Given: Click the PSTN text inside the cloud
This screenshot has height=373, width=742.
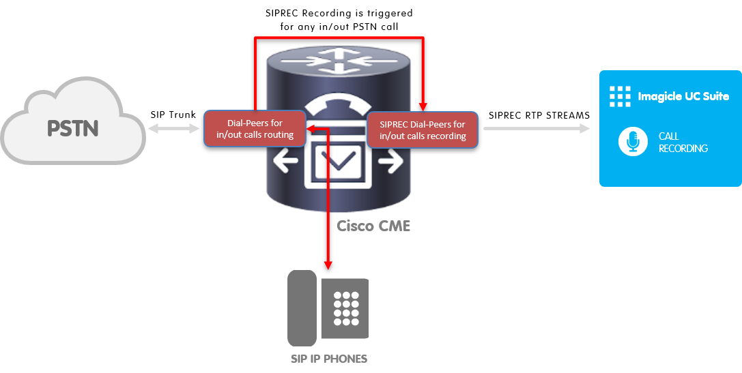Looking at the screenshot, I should pos(72,128).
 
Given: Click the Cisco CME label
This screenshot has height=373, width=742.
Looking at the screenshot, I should pos(373,226).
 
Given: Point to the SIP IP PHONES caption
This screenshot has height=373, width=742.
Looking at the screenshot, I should pos(328,359).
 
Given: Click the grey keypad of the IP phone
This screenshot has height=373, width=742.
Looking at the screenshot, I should pos(346,308).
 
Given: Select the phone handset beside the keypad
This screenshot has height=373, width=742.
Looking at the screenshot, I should pos(302,308).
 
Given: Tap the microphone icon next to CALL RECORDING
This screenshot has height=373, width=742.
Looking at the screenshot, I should pos(633,142).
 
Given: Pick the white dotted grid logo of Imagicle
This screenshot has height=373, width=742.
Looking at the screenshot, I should pos(620,96).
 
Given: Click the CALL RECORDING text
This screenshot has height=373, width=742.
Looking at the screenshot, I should pos(683,142).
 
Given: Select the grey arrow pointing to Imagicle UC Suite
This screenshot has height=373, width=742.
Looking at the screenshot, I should pos(537,128).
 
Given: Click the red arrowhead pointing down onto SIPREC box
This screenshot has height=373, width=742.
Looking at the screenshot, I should pos(423,106).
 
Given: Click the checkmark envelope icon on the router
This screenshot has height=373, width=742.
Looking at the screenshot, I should pos(339,162).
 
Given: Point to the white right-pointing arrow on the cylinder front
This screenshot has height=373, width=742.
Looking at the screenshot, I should pos(389,164).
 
